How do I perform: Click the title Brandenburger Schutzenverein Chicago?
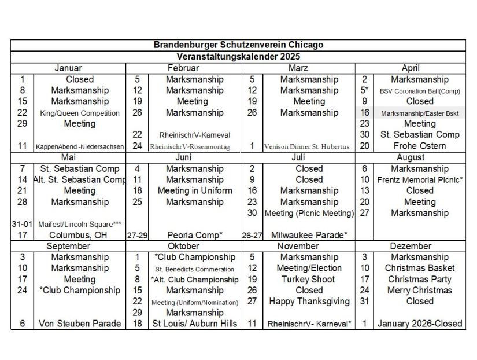pyautogui.click(x=238, y=45)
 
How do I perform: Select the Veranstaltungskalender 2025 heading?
pyautogui.click(x=238, y=57)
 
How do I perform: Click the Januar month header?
pyautogui.click(x=68, y=68)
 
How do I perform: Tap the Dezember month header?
pyautogui.click(x=411, y=246)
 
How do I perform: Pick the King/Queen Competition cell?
pyautogui.click(x=80, y=113)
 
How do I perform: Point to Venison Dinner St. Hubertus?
pyautogui.click(x=307, y=146)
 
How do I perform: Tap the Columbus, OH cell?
pyautogui.click(x=80, y=235)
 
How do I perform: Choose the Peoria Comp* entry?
pyautogui.click(x=195, y=235)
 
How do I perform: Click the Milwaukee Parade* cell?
pyautogui.click(x=309, y=235)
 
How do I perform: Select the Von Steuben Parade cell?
pyautogui.click(x=80, y=324)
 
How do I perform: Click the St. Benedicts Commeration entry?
pyautogui.click(x=194, y=269)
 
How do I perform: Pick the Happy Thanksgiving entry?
pyautogui.click(x=309, y=302)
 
